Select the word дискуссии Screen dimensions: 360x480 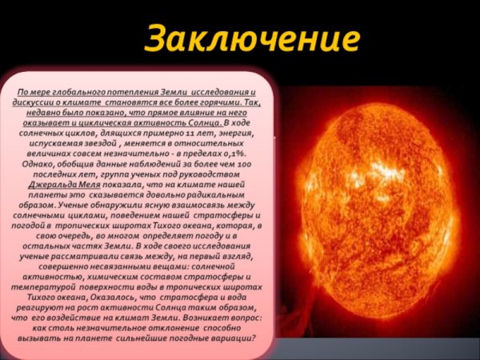point(43,104)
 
